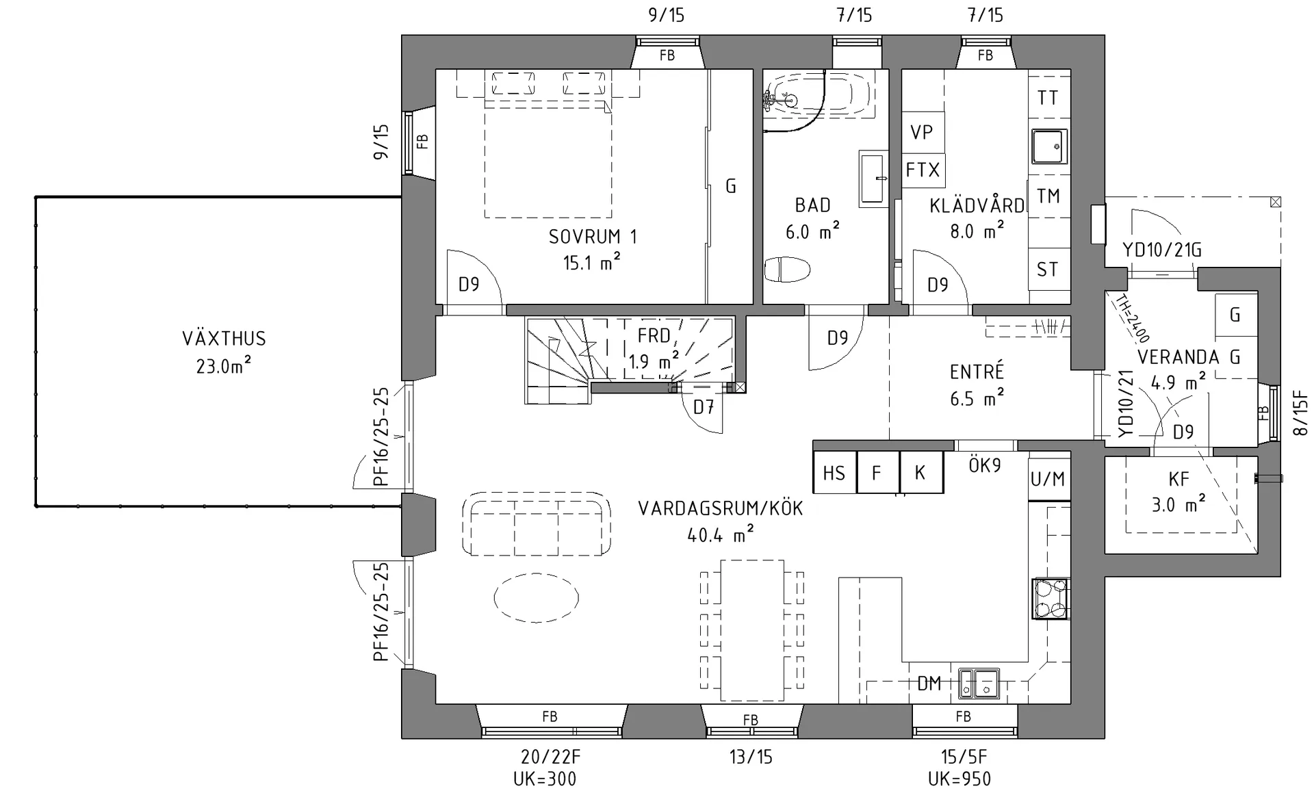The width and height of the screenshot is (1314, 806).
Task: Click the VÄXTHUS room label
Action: [x=224, y=338]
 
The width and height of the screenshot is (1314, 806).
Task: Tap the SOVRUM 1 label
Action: [x=593, y=237]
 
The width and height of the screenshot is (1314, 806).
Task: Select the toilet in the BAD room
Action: [x=787, y=270]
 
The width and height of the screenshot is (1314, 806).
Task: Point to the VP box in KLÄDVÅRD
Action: [x=923, y=132]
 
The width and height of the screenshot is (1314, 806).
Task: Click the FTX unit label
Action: [x=923, y=169]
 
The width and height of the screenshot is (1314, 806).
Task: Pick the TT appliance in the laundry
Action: [x=1048, y=98]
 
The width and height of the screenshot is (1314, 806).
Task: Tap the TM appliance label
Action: [x=1048, y=196]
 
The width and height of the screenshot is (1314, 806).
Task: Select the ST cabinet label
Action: [x=1048, y=269]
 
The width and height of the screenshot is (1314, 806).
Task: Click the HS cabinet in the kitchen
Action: [x=834, y=472]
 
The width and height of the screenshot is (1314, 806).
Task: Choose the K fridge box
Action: [x=921, y=472]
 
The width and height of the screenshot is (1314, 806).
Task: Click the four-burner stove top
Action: [x=1051, y=599]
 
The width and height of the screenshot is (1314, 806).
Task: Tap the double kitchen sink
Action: [x=979, y=684]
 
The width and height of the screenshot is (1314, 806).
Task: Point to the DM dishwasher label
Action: [x=929, y=683]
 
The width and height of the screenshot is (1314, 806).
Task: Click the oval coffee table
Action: [x=536, y=598]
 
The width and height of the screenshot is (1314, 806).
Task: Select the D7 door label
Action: [x=704, y=407]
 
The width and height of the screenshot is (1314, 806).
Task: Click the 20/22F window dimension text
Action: [x=550, y=757]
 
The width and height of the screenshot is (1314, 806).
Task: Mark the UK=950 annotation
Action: [x=959, y=779]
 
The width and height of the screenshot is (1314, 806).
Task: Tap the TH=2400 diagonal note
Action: [x=1132, y=318]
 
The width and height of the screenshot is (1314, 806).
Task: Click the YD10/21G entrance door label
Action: [x=1162, y=250]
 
